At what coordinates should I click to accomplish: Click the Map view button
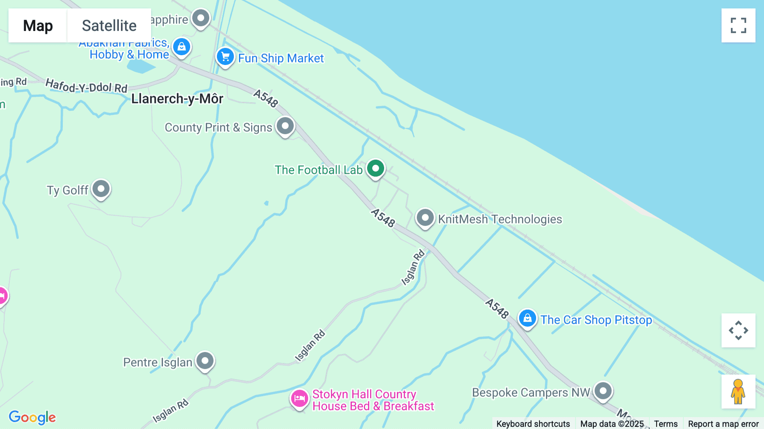click(x=38, y=25)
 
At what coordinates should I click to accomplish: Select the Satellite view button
click(x=109, y=25)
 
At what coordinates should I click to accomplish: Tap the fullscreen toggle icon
click(x=738, y=25)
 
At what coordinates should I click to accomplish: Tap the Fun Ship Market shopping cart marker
click(x=225, y=56)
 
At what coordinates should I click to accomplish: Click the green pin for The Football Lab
click(x=376, y=169)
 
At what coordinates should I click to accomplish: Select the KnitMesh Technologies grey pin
click(x=425, y=218)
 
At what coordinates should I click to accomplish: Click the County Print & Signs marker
click(x=285, y=126)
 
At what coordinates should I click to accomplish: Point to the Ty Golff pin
click(x=101, y=189)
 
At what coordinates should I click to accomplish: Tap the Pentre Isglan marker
click(x=205, y=361)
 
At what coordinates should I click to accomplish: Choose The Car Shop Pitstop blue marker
click(x=527, y=318)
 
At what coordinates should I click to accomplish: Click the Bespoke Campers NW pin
click(x=603, y=391)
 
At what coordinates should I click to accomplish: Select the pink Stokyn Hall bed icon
click(x=300, y=399)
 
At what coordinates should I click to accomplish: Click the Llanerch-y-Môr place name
click(x=177, y=99)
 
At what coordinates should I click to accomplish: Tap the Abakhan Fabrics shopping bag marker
click(x=182, y=47)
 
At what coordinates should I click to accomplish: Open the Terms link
click(x=666, y=423)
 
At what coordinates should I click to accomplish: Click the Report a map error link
click(x=723, y=423)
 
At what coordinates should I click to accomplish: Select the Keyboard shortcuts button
click(x=533, y=423)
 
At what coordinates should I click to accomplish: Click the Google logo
click(x=32, y=417)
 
